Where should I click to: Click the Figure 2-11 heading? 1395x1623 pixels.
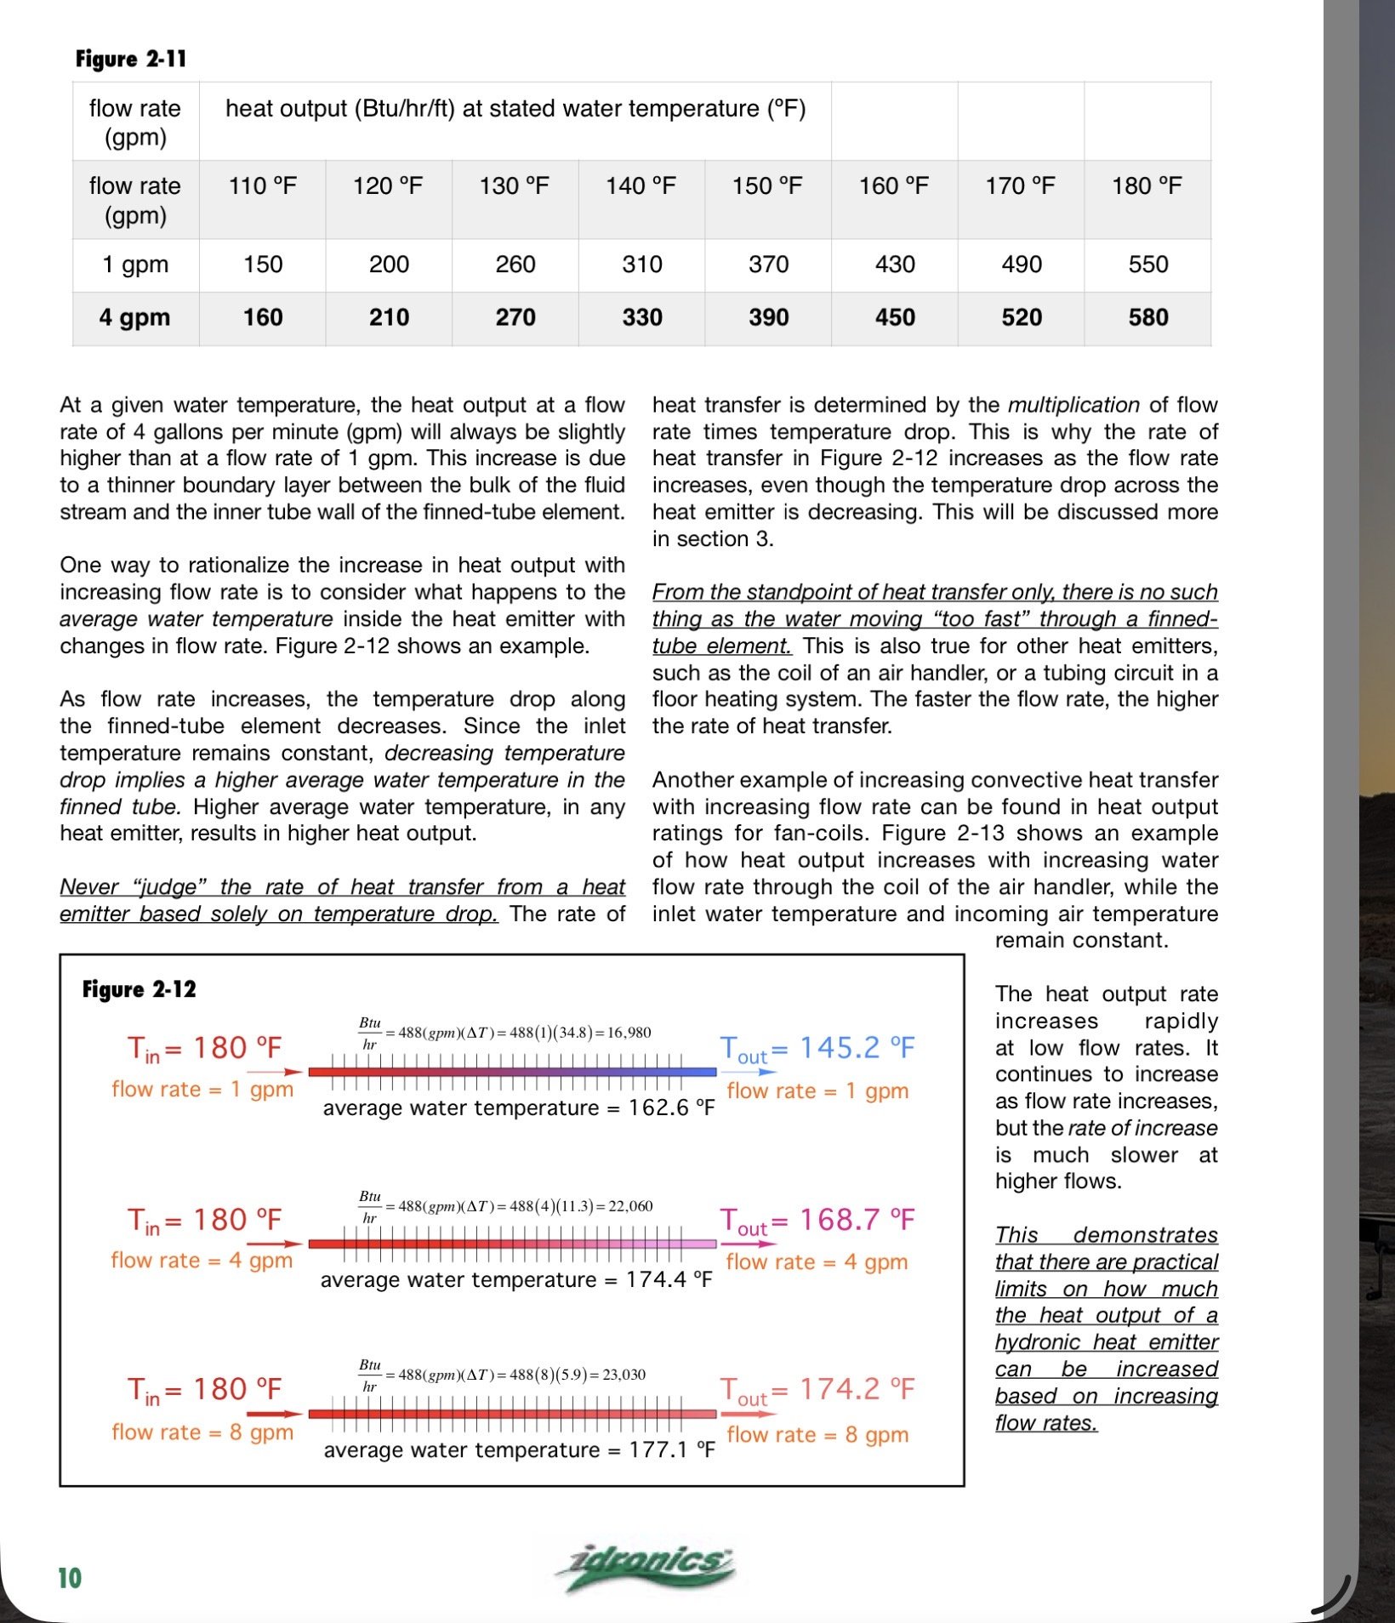click(130, 59)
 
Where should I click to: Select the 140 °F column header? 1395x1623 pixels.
click(641, 185)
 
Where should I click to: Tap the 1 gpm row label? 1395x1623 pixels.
click(135, 264)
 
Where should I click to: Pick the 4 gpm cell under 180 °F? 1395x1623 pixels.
click(1147, 317)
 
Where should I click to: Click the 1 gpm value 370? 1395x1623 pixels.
click(768, 264)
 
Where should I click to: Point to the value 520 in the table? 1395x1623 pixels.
click(1021, 317)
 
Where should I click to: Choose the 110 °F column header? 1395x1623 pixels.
click(262, 185)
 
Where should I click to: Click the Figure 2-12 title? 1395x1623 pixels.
click(139, 989)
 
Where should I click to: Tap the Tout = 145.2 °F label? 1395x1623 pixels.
click(817, 1048)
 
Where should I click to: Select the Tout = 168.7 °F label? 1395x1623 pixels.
click(817, 1221)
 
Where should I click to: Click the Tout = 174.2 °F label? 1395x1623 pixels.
click(817, 1390)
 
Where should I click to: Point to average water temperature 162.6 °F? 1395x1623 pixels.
click(518, 1108)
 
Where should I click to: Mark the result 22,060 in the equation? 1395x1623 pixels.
click(631, 1206)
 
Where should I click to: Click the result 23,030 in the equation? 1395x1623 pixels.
click(624, 1375)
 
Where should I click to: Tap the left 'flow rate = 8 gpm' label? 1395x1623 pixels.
click(202, 1432)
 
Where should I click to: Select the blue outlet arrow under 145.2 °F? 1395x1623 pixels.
click(756, 1073)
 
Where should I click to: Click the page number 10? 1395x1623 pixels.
click(70, 1579)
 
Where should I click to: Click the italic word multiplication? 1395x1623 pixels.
click(1073, 405)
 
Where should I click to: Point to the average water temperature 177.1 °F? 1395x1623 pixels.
click(518, 1450)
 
